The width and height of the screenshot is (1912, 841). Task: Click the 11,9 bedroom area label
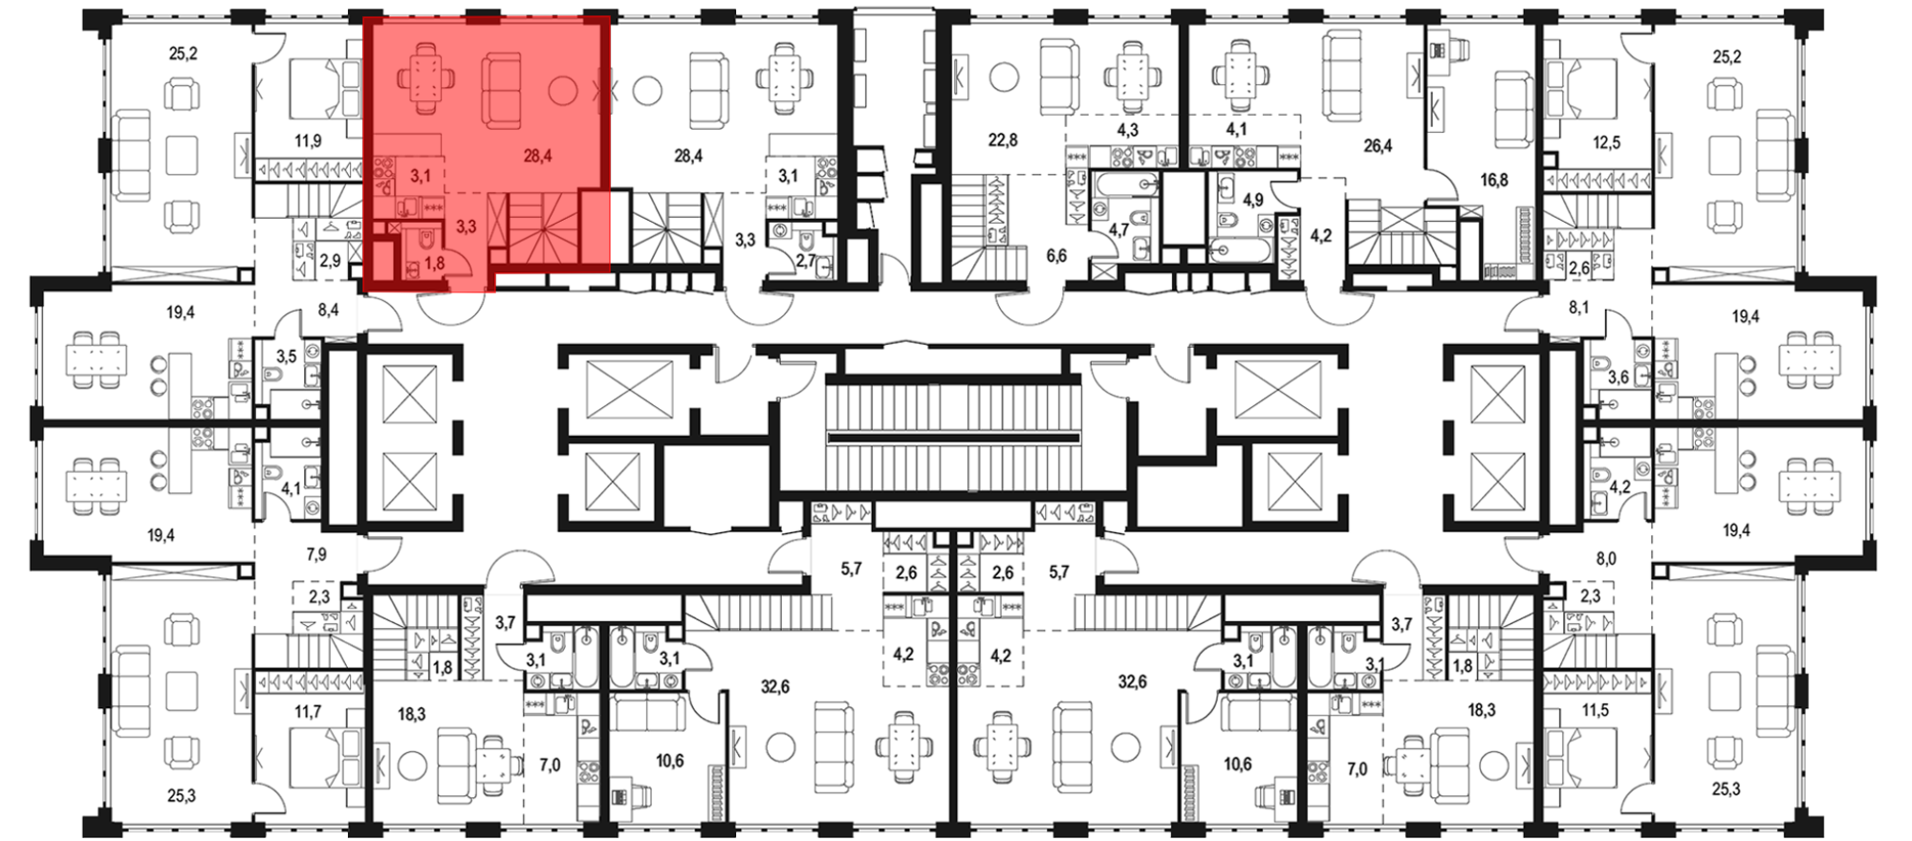click(x=308, y=141)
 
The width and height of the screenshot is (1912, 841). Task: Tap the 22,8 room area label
click(x=1003, y=140)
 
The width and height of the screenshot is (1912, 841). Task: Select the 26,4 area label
click(x=1378, y=146)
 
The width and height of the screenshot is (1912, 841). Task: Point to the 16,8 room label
click(x=1494, y=180)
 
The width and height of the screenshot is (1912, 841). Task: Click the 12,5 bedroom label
click(x=1607, y=142)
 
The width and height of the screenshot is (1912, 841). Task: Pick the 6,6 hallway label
click(x=1056, y=255)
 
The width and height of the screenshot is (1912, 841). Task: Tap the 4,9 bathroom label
click(x=1253, y=200)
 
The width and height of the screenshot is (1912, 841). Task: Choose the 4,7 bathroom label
click(x=1119, y=229)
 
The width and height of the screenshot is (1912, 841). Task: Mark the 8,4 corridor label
click(x=329, y=310)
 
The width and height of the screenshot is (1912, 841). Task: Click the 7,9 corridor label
click(x=316, y=554)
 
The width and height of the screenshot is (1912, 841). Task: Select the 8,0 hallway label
click(x=1606, y=559)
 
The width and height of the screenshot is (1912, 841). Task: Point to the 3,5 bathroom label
click(x=287, y=356)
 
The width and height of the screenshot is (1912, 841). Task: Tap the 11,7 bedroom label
click(x=308, y=712)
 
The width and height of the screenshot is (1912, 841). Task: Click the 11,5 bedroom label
click(x=1596, y=710)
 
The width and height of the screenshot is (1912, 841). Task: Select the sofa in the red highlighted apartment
click(x=500, y=90)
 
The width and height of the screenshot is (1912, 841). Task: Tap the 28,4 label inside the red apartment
click(x=537, y=156)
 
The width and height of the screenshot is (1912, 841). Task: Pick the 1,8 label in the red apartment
click(x=434, y=263)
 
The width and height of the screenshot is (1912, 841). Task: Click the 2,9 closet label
click(x=331, y=260)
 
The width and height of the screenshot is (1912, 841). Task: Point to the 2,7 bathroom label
click(x=806, y=260)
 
